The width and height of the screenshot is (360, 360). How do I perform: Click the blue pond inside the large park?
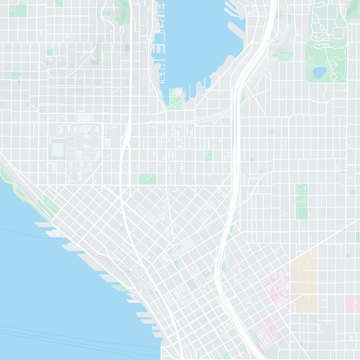319,72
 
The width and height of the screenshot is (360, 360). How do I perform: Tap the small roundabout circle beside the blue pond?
333,76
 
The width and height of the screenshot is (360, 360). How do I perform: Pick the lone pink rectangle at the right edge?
352,304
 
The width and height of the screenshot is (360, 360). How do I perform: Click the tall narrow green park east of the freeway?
301,201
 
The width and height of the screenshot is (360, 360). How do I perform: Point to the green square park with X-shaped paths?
146,179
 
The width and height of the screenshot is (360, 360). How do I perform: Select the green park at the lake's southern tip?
175,96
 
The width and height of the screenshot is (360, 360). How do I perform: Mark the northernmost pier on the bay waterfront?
41,224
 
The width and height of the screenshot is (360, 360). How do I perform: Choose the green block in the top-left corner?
18,10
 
